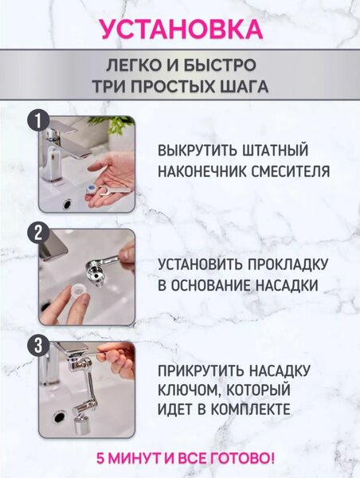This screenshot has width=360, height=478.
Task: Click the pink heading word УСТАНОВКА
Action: pos(180,29)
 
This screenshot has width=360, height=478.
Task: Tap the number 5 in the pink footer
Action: pos(100,459)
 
